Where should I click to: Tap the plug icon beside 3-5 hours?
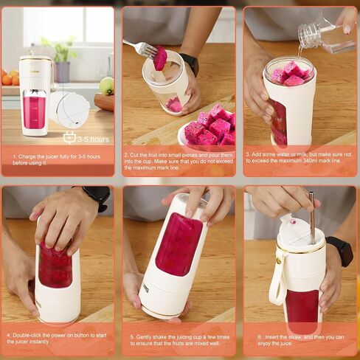coord(69,137)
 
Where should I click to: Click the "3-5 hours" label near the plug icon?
coord(93,139)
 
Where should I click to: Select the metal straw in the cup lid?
coord(312,218)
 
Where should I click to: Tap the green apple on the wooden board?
coord(107,86)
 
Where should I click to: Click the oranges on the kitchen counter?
coord(10,77)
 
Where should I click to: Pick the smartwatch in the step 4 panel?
coord(97,196)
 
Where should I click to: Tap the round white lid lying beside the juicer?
coord(69,109)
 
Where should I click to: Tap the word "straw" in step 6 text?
coord(294,337)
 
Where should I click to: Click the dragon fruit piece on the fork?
coord(160,58)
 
